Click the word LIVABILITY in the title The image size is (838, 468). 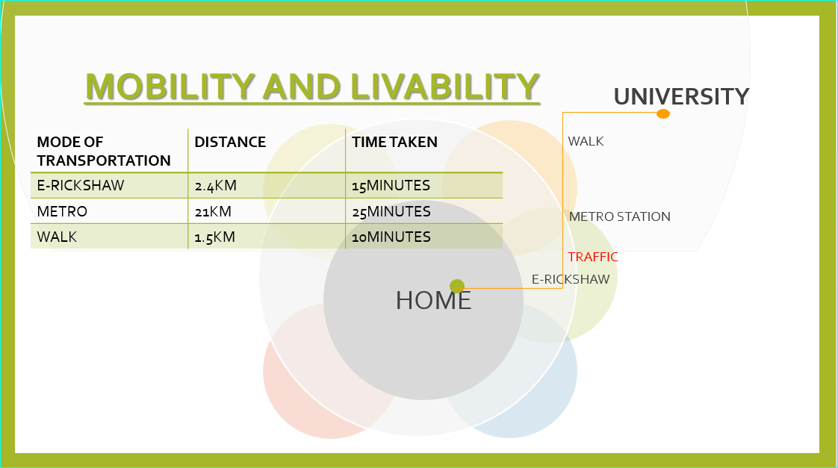445,87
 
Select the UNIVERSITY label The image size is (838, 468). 681,97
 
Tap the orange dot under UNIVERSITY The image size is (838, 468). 662,113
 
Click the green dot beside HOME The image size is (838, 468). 457,286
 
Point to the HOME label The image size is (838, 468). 433,300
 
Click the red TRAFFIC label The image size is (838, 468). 593,257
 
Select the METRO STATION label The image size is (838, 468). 619,216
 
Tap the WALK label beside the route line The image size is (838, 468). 586,141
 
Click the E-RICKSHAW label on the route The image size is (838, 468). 571,279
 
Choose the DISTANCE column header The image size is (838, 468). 230,142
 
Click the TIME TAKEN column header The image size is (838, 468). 394,142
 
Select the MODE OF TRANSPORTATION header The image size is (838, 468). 104,152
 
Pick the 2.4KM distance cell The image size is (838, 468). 215,185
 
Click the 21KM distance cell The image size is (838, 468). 213,211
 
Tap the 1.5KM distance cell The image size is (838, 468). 215,237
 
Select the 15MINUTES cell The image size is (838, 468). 391,185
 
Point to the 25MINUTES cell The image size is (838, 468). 391,211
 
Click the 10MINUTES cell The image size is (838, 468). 391,237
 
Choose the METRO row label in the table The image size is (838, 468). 62,211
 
